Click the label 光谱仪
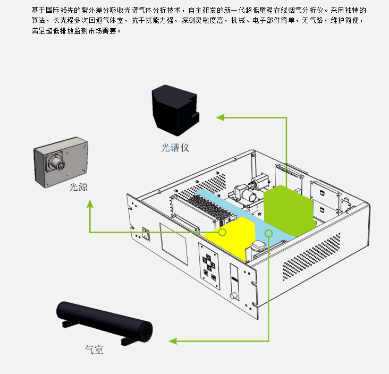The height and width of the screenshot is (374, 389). [x=175, y=148]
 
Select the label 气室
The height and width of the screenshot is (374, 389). [x=94, y=350]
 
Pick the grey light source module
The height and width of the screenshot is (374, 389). [x=60, y=160]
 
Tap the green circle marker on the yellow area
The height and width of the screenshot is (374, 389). [x=222, y=232]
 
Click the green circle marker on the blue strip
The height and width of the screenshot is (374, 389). [x=269, y=233]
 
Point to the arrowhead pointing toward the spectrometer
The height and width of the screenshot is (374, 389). [x=219, y=116]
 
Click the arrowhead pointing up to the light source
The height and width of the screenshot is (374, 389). [x=90, y=203]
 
